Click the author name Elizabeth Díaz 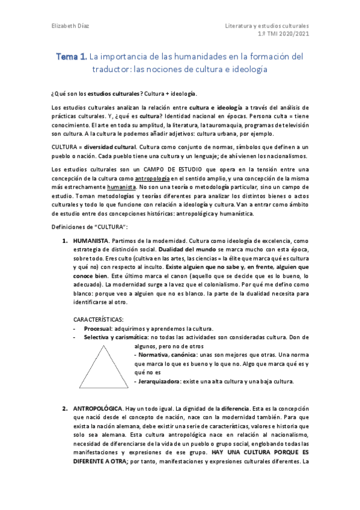pos(67,26)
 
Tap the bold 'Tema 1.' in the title pos(72,57)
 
